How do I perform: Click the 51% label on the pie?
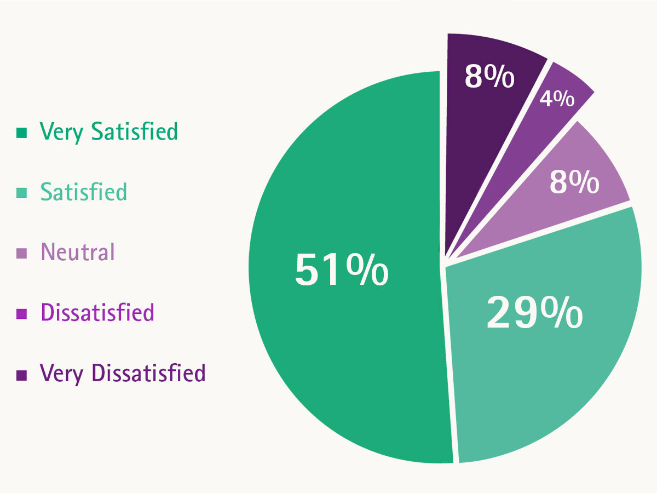pos(342,270)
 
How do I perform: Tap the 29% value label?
pos(534,313)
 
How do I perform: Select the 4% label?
pos(557,99)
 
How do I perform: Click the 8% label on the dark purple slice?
pos(489,77)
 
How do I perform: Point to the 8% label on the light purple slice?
pos(574,182)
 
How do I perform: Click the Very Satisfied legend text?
pos(109,132)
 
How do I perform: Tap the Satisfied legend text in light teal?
pos(84,192)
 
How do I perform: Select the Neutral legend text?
pos(78,253)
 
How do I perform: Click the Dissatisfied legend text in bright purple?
pos(97,313)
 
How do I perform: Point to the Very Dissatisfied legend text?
pos(123,373)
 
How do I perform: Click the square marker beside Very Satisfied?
pos(22,133)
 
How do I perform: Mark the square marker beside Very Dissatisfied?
pos(22,375)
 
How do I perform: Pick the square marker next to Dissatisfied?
pos(22,314)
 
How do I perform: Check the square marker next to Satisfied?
pos(22,193)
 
